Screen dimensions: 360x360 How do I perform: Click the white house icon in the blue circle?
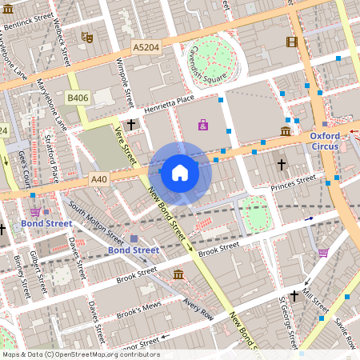(180, 172)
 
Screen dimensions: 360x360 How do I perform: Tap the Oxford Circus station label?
(325, 141)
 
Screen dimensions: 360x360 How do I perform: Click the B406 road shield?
(78, 98)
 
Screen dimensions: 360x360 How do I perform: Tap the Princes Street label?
(294, 185)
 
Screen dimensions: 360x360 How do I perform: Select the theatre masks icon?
(86, 37)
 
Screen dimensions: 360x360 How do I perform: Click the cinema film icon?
(291, 42)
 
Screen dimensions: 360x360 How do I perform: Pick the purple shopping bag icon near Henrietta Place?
(202, 125)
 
